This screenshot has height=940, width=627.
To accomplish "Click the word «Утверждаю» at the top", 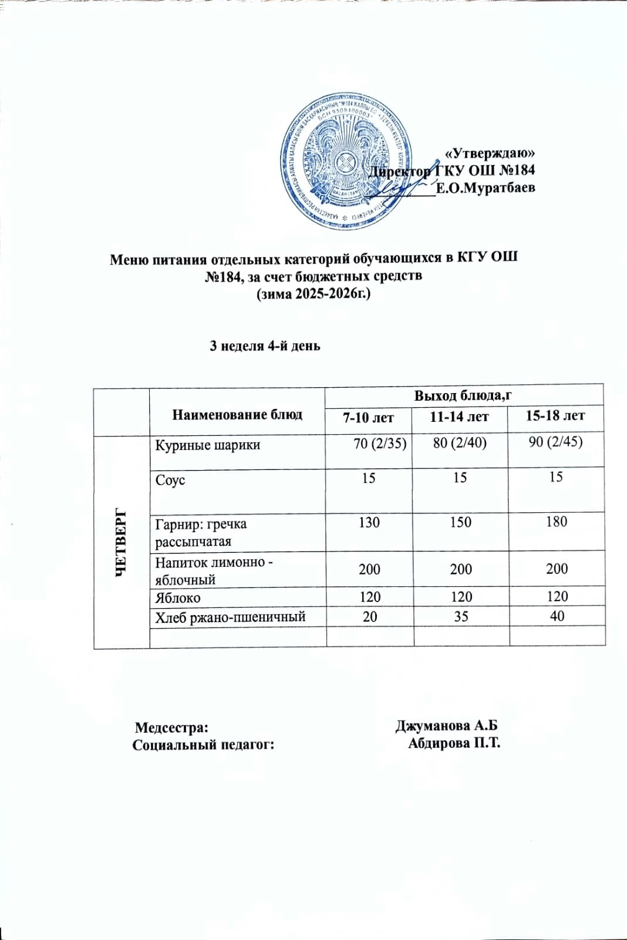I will tap(490, 153).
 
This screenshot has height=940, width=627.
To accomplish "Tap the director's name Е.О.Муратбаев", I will tap(486, 188).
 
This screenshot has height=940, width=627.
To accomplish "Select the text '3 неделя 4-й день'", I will tap(265, 346).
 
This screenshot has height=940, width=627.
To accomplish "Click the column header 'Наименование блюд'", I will tap(237, 415).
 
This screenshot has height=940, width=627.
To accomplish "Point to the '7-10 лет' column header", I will tap(368, 418).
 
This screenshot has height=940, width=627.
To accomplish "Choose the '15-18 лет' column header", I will tap(555, 416).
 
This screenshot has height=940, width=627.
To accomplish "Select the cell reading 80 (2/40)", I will tap(460, 443).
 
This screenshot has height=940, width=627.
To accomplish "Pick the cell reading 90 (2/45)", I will tap(555, 442).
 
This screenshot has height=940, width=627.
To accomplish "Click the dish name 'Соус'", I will tap(170, 480).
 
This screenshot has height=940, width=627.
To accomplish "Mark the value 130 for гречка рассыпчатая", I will tap(369, 522).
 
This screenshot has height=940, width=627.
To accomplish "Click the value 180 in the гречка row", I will tap(556, 522).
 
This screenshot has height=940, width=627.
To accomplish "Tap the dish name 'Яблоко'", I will tap(178, 598).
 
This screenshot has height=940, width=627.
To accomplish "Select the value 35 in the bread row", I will tap(461, 616).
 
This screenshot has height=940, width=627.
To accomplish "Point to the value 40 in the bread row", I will tap(557, 616).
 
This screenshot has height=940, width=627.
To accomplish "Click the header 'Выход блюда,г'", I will tap(463, 395).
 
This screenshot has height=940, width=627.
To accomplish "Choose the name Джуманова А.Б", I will tap(446, 726).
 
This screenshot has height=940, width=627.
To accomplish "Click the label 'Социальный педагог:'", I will tap(204, 745).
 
